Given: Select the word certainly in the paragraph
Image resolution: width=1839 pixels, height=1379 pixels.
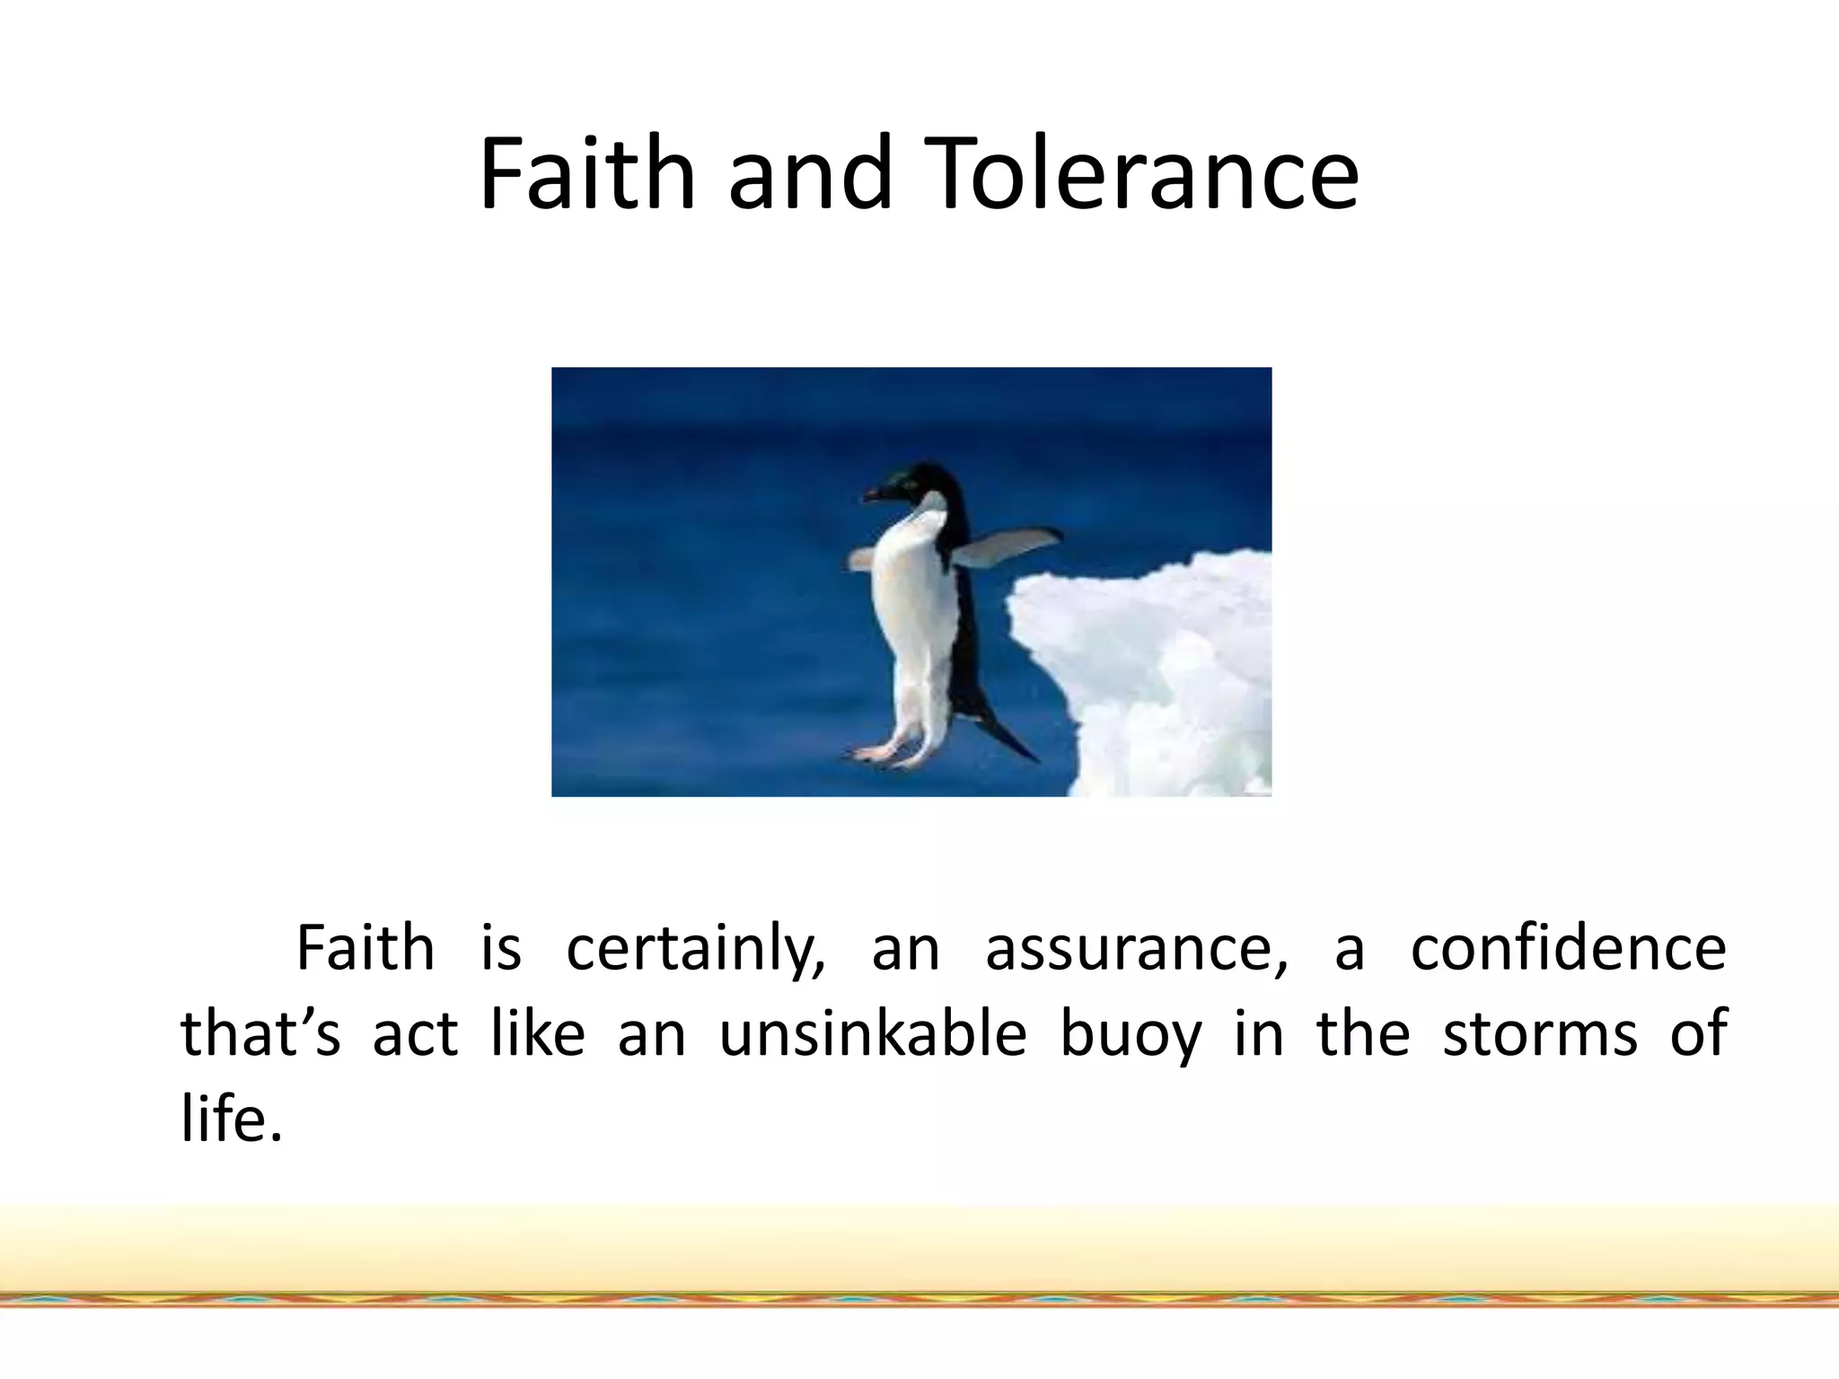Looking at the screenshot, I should (x=696, y=949).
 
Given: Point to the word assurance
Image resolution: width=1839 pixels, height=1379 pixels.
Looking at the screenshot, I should (x=1136, y=949).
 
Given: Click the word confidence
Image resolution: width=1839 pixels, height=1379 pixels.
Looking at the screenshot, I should (x=1568, y=949).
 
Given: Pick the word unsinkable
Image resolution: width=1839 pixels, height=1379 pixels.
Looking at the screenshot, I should (x=873, y=1034).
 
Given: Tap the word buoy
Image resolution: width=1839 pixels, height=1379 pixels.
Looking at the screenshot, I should (x=1131, y=1034).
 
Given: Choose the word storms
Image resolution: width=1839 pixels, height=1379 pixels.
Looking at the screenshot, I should (x=1540, y=1034).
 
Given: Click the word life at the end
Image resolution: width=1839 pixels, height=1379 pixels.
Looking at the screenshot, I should (x=232, y=1119).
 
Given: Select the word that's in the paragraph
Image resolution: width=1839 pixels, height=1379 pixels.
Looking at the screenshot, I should (x=260, y=1034).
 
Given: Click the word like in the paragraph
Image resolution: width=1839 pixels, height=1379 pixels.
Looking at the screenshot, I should (x=538, y=1034).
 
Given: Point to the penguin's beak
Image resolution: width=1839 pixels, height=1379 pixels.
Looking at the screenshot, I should (x=876, y=493).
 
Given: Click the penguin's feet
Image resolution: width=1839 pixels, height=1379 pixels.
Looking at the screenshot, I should (x=884, y=754).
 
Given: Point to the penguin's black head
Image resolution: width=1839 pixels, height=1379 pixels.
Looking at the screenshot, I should (x=925, y=485).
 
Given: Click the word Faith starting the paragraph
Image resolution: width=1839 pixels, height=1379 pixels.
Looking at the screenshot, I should (x=365, y=949).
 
